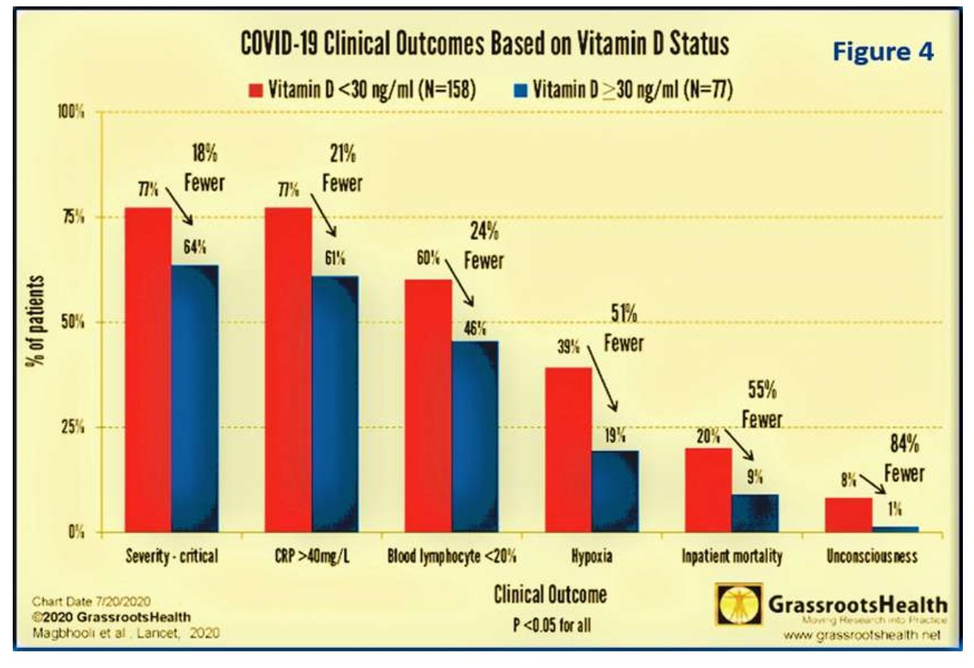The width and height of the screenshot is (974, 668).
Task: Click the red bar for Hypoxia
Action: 567,449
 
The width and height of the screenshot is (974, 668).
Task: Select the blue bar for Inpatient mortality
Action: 755,513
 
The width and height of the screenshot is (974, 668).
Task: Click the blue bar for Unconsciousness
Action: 896,529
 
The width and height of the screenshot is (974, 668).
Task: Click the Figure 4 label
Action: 882,52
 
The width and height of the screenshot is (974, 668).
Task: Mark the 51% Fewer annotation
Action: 622,329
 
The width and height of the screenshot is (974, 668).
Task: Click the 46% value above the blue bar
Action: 475,330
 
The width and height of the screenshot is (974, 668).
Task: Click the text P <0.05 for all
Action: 540,625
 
